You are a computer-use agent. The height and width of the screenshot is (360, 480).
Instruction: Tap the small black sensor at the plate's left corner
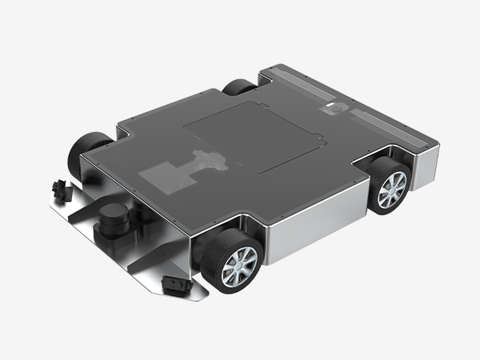[x=58, y=189]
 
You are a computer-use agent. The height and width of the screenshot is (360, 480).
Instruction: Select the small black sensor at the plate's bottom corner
[x=173, y=284]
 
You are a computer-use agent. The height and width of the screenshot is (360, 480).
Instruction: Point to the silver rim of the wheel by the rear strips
[x=393, y=190]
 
